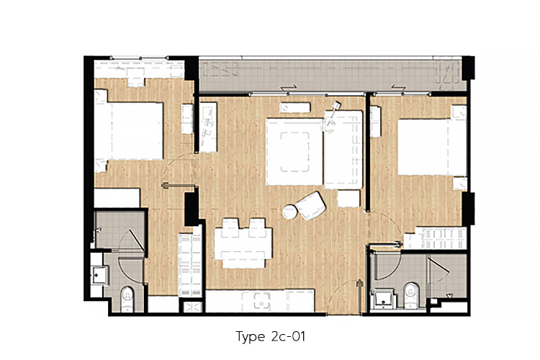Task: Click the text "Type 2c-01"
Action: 270,336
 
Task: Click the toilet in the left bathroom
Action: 127,298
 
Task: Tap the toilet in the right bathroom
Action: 410,295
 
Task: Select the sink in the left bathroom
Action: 100,275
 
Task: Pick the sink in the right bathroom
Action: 382,298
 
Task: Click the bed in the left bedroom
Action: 128,130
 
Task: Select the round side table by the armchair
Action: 289,212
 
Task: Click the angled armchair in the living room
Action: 310,206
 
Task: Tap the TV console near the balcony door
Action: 294,107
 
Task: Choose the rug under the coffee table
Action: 294,152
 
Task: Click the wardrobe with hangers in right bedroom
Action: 435,238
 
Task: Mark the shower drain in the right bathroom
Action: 449,296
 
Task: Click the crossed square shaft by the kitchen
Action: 192,306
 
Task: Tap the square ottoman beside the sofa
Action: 348,199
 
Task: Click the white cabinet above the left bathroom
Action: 117,198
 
